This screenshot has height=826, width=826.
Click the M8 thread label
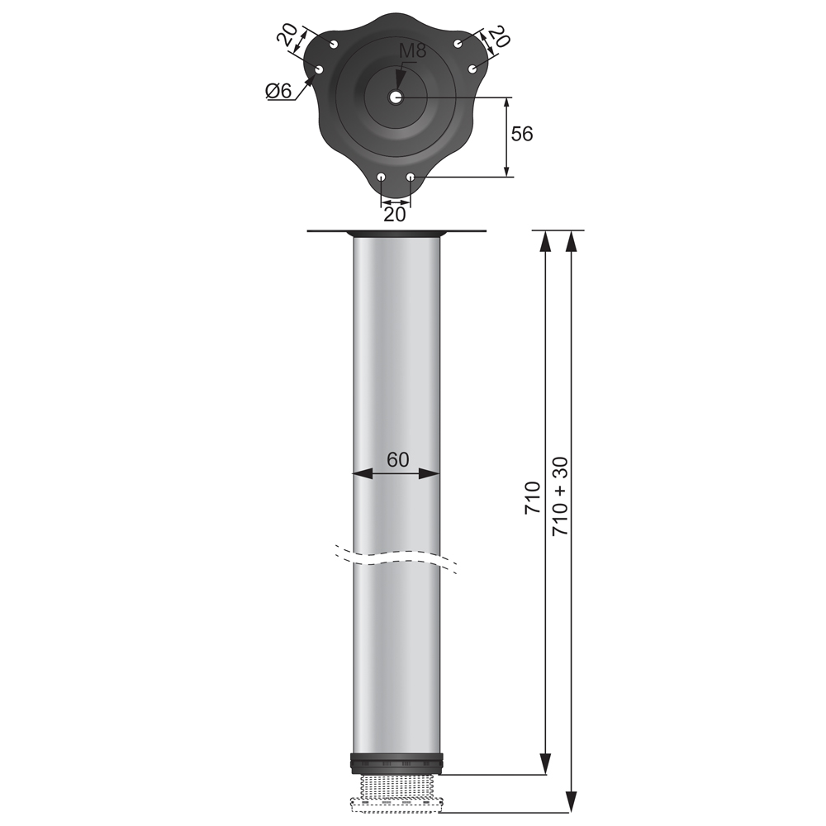coord(412,51)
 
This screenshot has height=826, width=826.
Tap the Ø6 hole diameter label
coord(278,91)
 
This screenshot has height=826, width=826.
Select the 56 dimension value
coord(522,134)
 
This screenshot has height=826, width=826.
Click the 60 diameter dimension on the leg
coord(397,460)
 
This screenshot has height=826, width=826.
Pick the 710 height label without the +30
coord(533,498)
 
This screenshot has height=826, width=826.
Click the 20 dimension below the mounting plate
coord(396,214)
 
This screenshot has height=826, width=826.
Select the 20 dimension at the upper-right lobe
coord(498,36)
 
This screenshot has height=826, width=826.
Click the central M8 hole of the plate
coord(396,97)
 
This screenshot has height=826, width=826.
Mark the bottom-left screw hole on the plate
coord(381,178)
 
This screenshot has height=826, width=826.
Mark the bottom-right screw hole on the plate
coord(411,177)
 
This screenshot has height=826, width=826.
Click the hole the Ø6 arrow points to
coord(319,69)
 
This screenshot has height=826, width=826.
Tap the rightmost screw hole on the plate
coord(473,69)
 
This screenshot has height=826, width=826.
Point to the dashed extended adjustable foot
coord(396,803)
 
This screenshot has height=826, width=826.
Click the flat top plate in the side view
coord(396,231)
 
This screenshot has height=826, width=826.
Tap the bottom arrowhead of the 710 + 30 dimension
coord(571,802)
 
